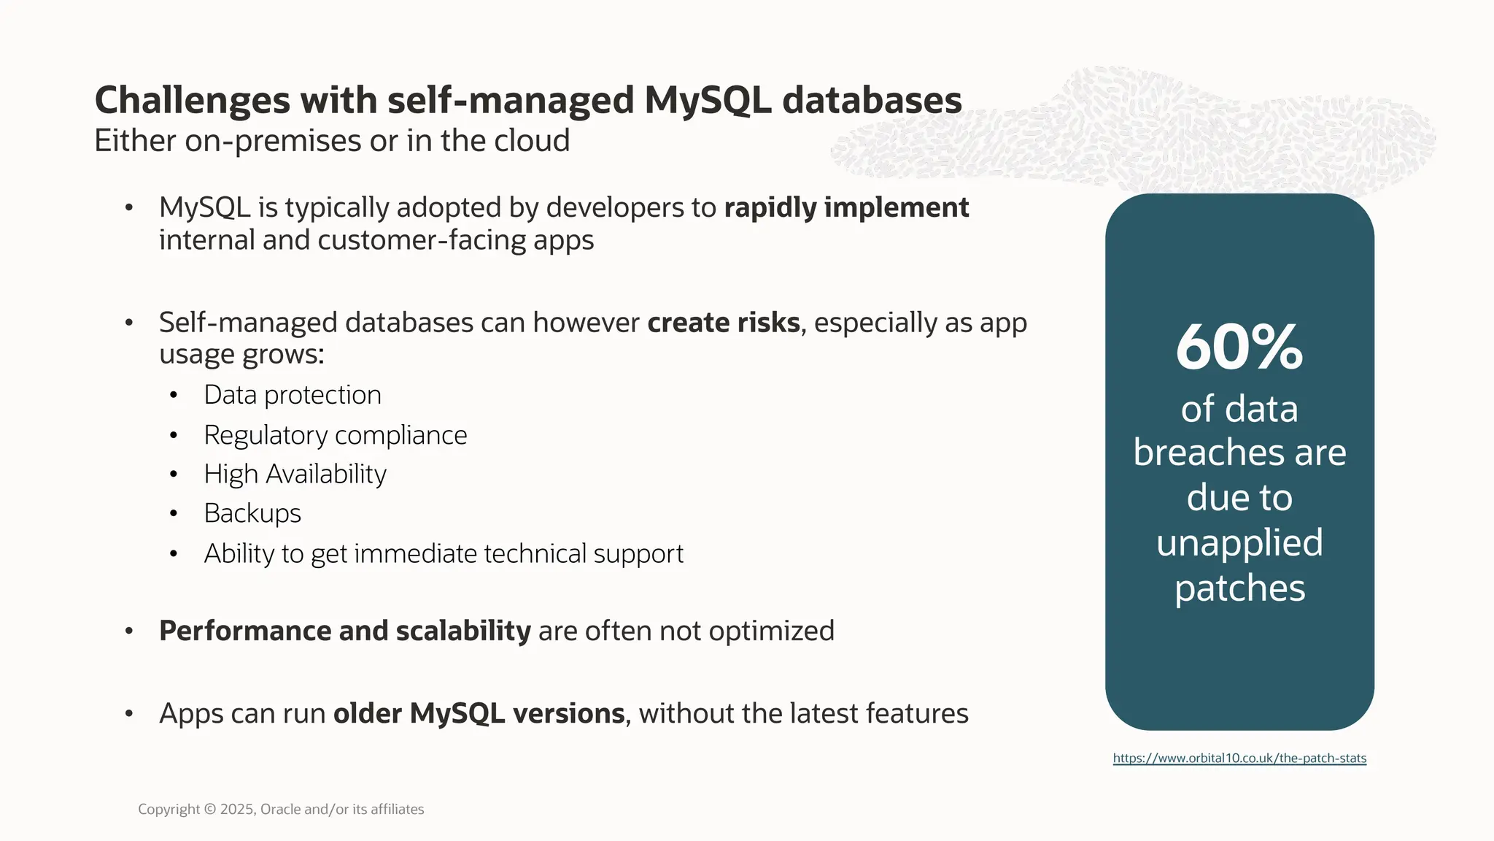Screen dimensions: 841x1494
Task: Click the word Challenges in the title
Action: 193,101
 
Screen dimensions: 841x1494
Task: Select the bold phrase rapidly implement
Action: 846,208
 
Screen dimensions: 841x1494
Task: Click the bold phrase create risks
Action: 723,323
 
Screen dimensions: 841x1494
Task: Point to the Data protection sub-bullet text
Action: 293,395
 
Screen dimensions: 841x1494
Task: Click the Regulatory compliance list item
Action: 336,435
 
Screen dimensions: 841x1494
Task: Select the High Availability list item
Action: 295,475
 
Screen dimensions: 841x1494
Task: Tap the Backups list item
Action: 252,513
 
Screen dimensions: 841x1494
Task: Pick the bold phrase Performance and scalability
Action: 344,631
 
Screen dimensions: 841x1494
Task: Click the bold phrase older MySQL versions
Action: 479,713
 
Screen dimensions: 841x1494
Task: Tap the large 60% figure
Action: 1239,348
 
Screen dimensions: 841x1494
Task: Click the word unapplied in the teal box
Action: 1239,543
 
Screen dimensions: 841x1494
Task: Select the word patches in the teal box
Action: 1239,588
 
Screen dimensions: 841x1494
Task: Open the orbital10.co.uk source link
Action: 1239,758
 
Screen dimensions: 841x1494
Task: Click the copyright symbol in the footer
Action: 210,809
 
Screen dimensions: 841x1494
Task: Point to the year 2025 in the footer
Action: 238,809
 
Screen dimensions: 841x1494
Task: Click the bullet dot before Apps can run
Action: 129,713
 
